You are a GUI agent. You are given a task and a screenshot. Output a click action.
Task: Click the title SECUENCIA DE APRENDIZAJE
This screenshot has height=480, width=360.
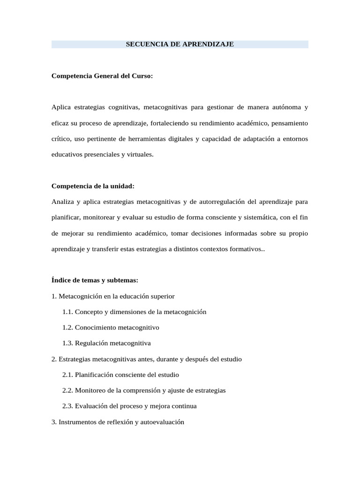[180, 45]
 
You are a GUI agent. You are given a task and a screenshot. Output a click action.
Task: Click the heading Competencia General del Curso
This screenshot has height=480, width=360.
[102, 76]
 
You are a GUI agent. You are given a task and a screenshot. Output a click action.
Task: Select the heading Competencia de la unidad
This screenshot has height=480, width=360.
[93, 186]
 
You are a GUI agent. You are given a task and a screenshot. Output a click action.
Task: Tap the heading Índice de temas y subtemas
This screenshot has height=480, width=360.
[95, 280]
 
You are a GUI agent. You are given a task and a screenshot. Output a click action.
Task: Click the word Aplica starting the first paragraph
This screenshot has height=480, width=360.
[61, 107]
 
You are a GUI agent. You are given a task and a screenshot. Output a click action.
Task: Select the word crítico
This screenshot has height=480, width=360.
[60, 139]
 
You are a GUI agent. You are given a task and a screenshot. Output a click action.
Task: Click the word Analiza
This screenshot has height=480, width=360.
[62, 202]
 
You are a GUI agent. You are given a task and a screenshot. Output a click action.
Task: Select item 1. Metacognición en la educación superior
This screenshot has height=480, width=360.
[113, 296]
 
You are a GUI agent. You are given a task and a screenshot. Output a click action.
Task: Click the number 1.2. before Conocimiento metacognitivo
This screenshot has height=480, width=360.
[67, 328]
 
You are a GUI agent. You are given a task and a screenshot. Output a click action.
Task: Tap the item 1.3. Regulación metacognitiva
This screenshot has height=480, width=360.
[106, 344]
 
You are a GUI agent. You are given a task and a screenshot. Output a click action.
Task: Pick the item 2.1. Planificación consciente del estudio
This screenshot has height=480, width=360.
[120, 375]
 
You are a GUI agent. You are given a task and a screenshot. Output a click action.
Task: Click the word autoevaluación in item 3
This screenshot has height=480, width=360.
[162, 422]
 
